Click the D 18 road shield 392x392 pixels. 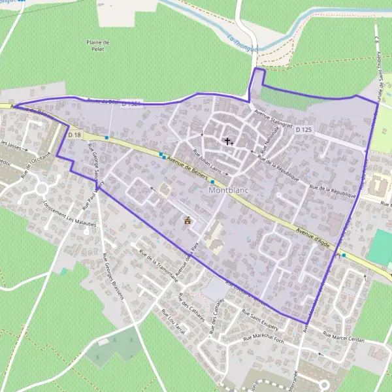(74, 135)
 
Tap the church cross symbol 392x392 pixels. (228, 140)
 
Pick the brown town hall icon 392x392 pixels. (188, 221)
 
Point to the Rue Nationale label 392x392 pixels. (269, 139)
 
